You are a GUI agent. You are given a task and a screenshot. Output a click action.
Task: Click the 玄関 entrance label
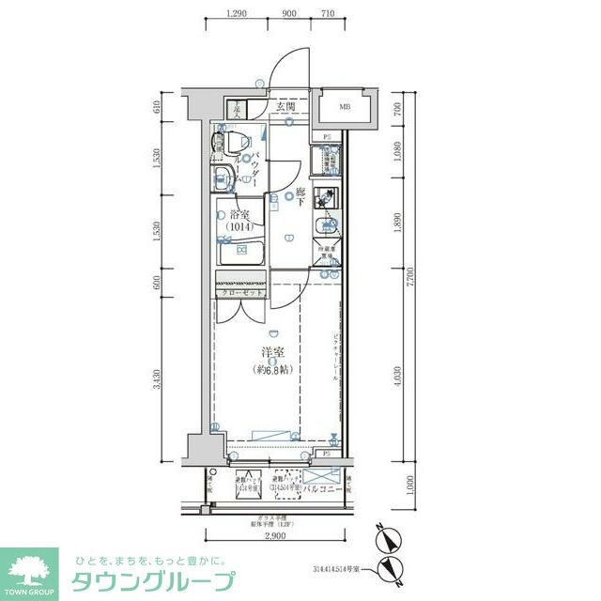286,107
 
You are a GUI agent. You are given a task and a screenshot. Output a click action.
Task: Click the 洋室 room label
273,353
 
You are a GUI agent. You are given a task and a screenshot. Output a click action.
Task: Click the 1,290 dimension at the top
240,14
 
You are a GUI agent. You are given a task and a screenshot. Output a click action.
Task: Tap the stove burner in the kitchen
328,198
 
